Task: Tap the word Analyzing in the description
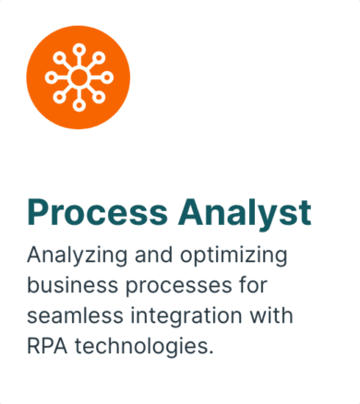[x=73, y=254]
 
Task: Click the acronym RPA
[x=47, y=347]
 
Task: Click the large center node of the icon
[x=78, y=77]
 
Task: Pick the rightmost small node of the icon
[x=108, y=77]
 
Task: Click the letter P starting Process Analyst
[x=38, y=211]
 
